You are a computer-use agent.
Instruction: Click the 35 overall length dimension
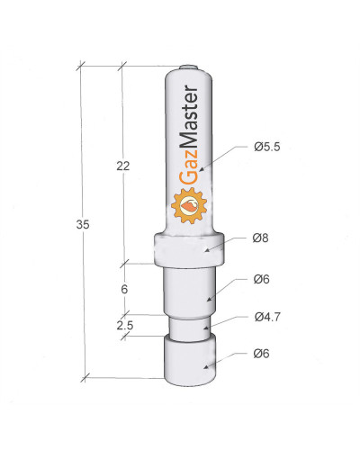[83, 224]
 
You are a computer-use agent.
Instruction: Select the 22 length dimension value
[123, 166]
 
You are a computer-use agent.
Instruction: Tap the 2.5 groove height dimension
[125, 326]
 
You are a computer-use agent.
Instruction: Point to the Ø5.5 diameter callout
[267, 147]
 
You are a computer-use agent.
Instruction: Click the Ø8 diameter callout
[260, 238]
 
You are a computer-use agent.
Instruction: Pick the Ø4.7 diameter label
[267, 317]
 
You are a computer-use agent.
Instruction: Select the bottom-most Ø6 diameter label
[261, 354]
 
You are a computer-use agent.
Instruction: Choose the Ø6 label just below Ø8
[261, 279]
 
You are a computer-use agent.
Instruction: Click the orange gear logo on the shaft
[189, 205]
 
